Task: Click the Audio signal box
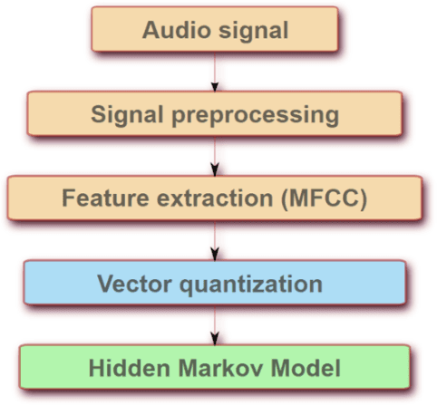[215, 30]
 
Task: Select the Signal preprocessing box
[215, 114]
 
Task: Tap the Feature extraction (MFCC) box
[215, 198]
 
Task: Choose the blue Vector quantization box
[215, 283]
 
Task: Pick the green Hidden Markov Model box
[215, 369]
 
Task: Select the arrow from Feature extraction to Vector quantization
[215, 241]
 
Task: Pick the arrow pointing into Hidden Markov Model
[215, 325]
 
